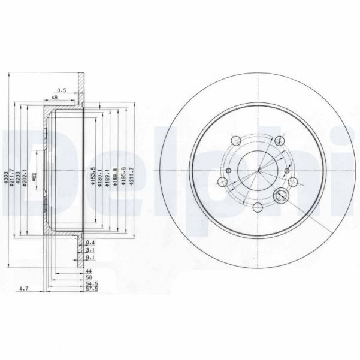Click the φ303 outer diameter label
(6, 176)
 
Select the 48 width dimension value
(54, 97)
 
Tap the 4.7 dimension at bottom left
(24, 289)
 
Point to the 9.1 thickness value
(90, 258)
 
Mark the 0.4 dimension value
(90, 242)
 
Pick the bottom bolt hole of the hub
(258, 207)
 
